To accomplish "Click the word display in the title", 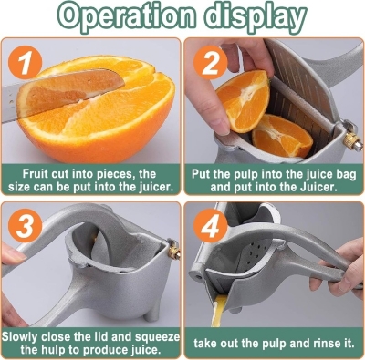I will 258,16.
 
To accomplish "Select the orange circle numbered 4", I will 209,224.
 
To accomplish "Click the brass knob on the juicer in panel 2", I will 349,139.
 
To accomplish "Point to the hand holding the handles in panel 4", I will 342,273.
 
